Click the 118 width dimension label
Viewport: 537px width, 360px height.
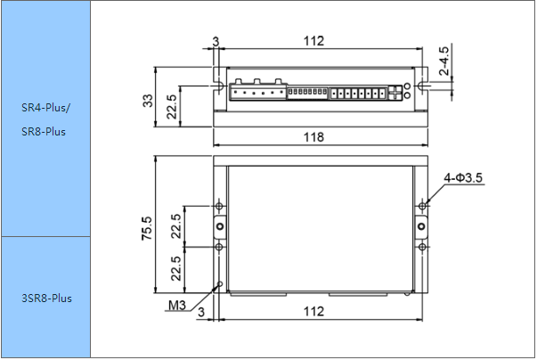[x=313, y=137]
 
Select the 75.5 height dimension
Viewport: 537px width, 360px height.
[x=147, y=228]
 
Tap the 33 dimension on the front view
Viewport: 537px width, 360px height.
[x=148, y=101]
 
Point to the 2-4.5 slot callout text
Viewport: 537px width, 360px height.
[x=443, y=61]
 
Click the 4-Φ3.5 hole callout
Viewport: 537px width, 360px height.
[x=463, y=178]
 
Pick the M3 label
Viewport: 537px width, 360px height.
[x=177, y=305]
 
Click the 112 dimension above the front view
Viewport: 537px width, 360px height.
[x=313, y=41]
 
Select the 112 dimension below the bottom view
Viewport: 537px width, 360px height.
[x=313, y=312]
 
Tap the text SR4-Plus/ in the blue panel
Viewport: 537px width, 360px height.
[x=45, y=108]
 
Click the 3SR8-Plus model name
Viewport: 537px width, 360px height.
[x=47, y=298]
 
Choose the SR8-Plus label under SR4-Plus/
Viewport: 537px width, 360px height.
[x=44, y=132]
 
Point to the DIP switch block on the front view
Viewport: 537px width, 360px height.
[x=307, y=92]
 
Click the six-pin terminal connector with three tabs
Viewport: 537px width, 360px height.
[x=258, y=90]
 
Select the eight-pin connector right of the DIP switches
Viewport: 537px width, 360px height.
[x=358, y=94]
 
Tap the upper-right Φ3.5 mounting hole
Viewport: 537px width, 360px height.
[x=423, y=206]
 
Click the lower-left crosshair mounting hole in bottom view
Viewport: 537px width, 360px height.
[x=220, y=247]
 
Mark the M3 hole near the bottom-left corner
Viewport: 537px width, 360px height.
[x=220, y=284]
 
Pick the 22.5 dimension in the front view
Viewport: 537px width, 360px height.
[x=171, y=107]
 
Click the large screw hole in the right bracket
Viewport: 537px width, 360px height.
[x=422, y=226]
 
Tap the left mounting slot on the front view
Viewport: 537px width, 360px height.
[x=219, y=86]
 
